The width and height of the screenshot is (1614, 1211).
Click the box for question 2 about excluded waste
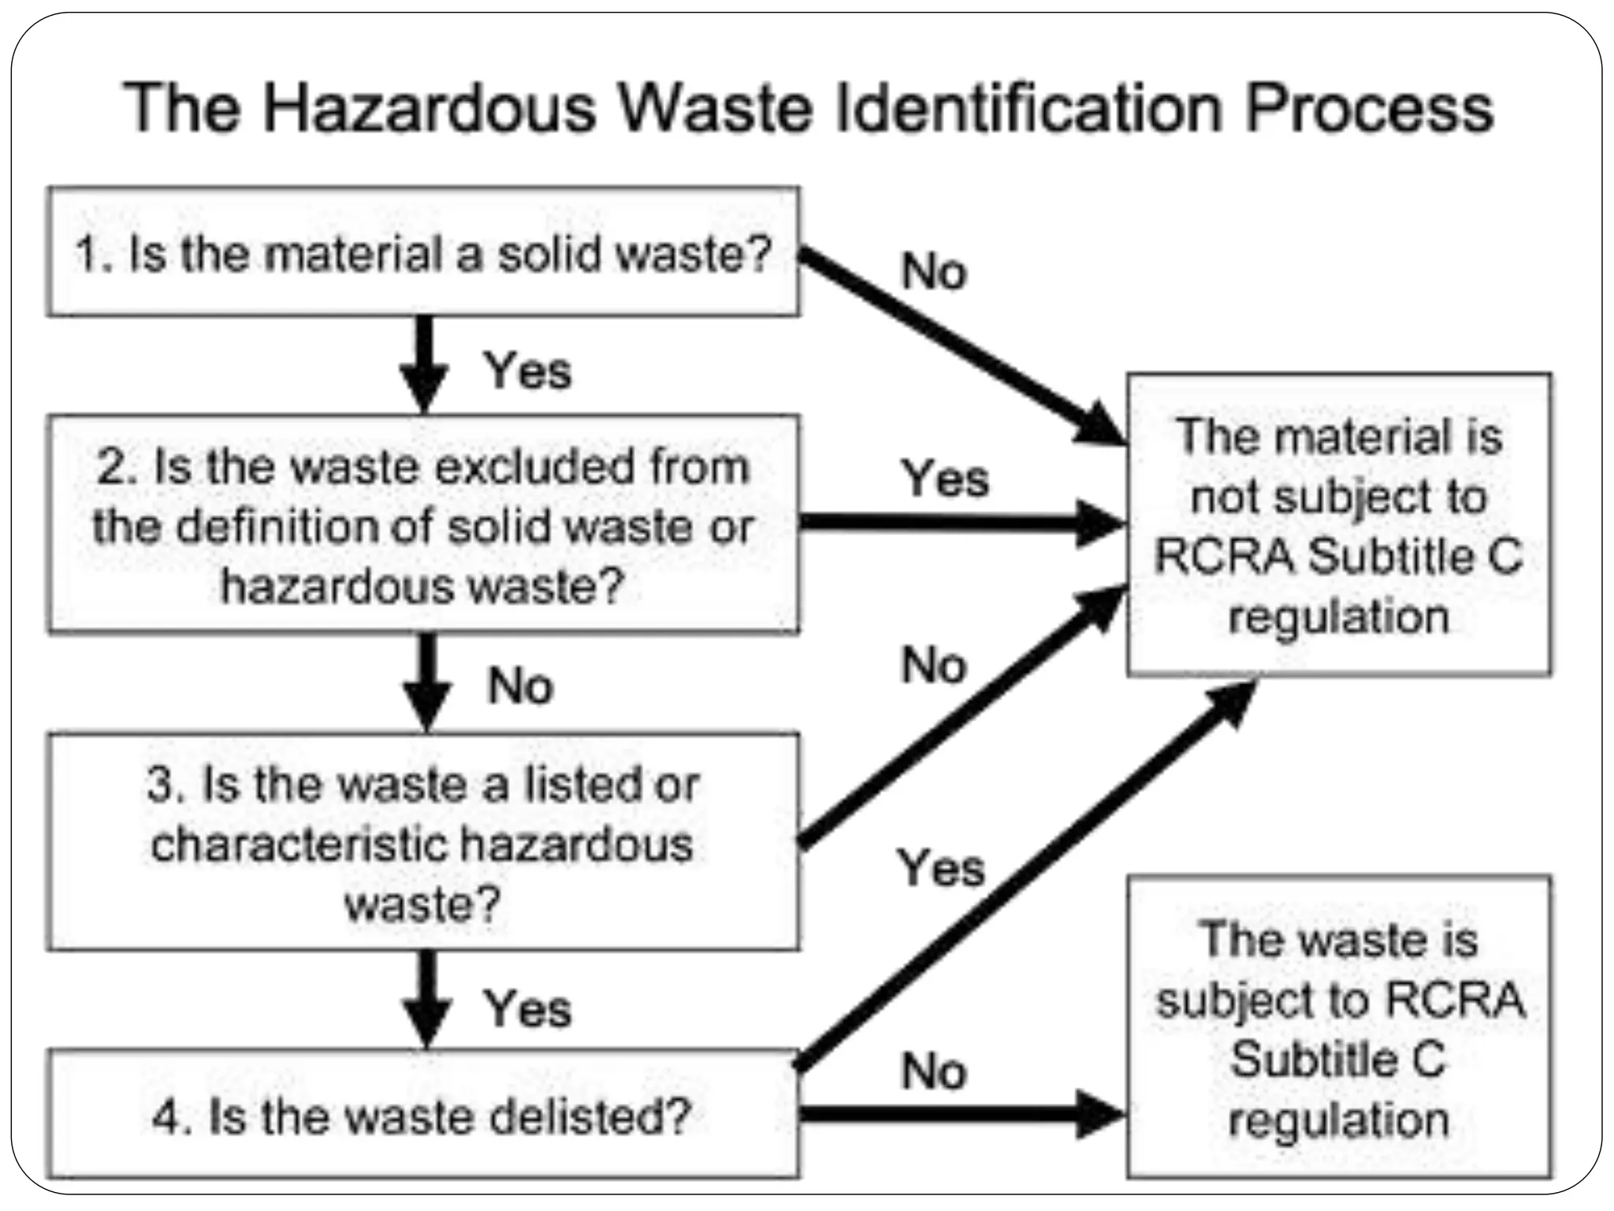423,524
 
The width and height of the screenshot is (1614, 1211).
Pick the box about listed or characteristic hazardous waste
423,842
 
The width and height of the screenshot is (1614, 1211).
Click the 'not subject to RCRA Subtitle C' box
1338,525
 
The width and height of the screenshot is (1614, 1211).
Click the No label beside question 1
933,272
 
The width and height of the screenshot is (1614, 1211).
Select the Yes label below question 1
527,371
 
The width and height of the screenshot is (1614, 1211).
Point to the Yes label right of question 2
944,478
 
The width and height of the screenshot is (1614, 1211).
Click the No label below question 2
520,685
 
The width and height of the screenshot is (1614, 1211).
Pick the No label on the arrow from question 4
933,1071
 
